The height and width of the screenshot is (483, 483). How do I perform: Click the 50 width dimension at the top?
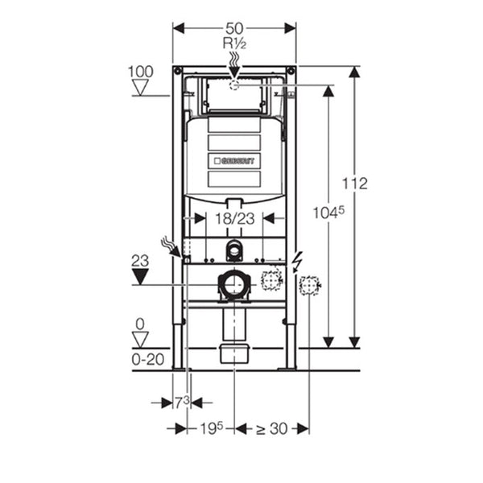tap(234, 28)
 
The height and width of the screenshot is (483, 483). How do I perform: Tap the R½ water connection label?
tap(234, 43)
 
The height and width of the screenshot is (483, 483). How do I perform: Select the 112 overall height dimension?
tap(355, 184)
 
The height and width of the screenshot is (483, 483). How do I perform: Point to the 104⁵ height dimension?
tap(328, 213)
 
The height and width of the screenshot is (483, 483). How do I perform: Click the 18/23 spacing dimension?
tap(235, 219)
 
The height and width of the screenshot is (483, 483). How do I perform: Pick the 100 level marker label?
tap(140, 72)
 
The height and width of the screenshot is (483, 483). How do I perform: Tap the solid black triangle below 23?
tap(140, 276)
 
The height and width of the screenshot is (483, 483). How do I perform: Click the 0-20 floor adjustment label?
tap(148, 360)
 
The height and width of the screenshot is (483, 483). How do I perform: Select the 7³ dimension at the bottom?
tap(182, 402)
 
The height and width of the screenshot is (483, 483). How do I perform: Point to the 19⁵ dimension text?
tap(211, 428)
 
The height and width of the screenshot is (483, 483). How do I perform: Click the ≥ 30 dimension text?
tap(272, 428)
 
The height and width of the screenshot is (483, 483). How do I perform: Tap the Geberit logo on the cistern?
tap(234, 161)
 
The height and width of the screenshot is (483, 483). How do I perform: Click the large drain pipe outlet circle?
tap(234, 285)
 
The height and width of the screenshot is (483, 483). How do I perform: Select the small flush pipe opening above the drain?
tap(234, 250)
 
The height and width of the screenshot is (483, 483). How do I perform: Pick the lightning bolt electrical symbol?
tap(297, 262)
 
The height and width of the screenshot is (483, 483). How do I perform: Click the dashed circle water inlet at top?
tap(234, 85)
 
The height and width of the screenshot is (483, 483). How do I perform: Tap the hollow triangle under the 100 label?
tap(140, 88)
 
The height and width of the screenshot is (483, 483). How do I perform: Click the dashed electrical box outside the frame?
tap(308, 286)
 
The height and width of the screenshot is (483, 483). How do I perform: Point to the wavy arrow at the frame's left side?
tap(171, 246)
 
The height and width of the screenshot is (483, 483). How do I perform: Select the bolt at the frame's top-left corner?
tap(178, 71)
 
